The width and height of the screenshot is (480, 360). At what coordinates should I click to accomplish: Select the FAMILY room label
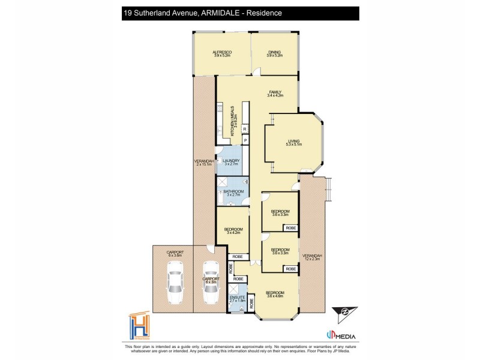[x=275, y=94]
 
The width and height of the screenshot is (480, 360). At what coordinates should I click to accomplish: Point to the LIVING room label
[x=293, y=143]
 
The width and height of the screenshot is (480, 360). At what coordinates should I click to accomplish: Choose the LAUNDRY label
[x=231, y=162]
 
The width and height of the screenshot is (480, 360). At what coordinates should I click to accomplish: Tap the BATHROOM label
[x=232, y=193]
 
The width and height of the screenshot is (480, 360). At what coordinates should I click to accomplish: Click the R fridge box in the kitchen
[x=245, y=129]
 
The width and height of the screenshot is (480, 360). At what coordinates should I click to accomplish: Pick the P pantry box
[x=245, y=140]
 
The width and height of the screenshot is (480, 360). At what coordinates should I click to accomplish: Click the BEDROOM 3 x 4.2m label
[x=233, y=231]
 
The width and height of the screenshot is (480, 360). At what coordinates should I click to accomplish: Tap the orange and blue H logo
[x=140, y=327]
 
